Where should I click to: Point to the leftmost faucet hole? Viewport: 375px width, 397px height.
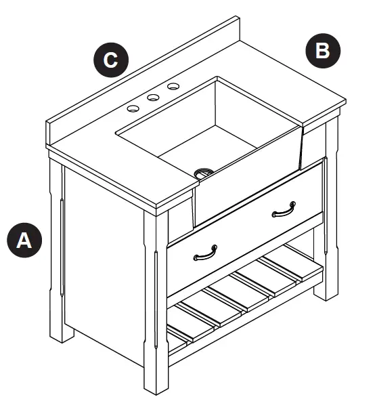pos(133,108)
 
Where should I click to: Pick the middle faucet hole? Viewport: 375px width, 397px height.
pos(154,98)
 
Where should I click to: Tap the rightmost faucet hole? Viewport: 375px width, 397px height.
pos(174,86)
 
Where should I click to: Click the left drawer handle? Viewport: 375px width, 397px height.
pos(204,253)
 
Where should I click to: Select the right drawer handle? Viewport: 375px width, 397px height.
pos(284,211)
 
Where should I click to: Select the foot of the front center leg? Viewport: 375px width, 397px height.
pos(156,379)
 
